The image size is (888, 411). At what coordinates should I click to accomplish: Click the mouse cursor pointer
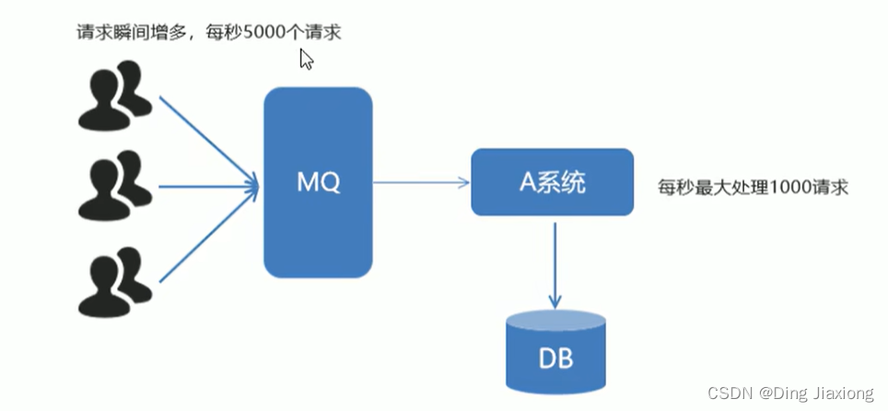(x=306, y=60)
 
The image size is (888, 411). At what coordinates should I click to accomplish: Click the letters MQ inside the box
(x=318, y=182)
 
